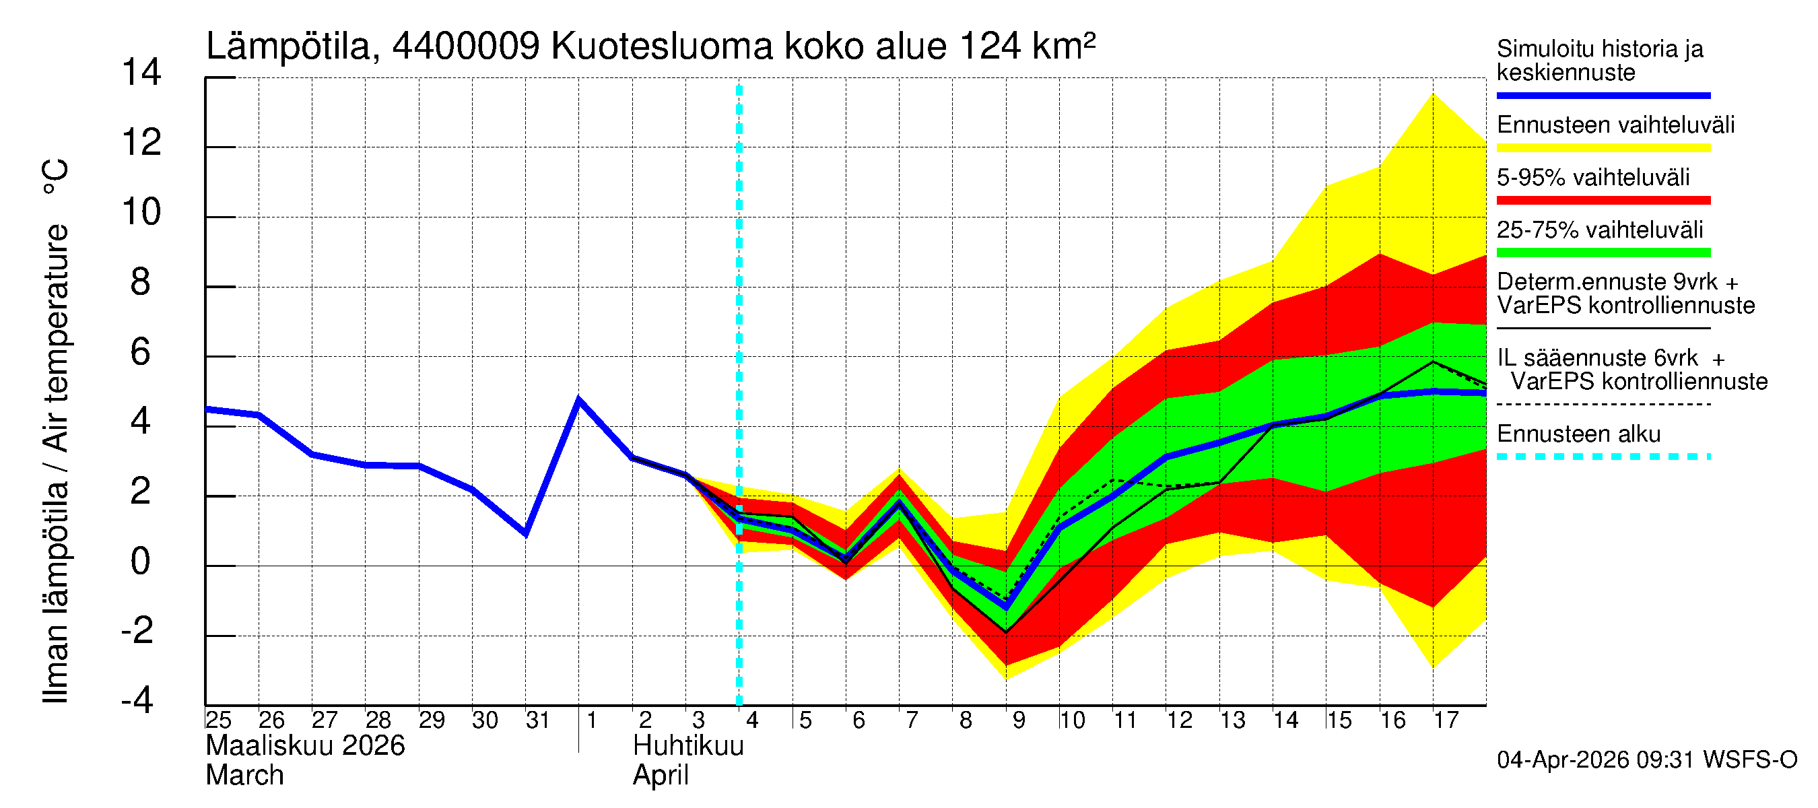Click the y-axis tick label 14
click(141, 73)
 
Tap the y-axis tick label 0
click(141, 562)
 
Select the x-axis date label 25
click(218, 720)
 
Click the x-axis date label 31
click(538, 720)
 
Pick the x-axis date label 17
click(1446, 720)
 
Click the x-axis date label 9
click(1018, 720)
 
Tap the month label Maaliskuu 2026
click(305, 746)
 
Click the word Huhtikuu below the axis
click(688, 746)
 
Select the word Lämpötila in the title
click(288, 46)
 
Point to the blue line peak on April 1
click(578, 400)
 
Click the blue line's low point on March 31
click(526, 534)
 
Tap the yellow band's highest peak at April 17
click(1433, 94)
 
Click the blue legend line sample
click(1603, 95)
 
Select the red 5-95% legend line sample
click(1603, 201)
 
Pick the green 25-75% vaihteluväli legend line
click(1603, 252)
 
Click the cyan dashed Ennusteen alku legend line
click(1603, 457)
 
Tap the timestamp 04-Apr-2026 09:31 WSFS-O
click(1646, 760)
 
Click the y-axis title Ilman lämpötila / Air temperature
click(55, 430)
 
